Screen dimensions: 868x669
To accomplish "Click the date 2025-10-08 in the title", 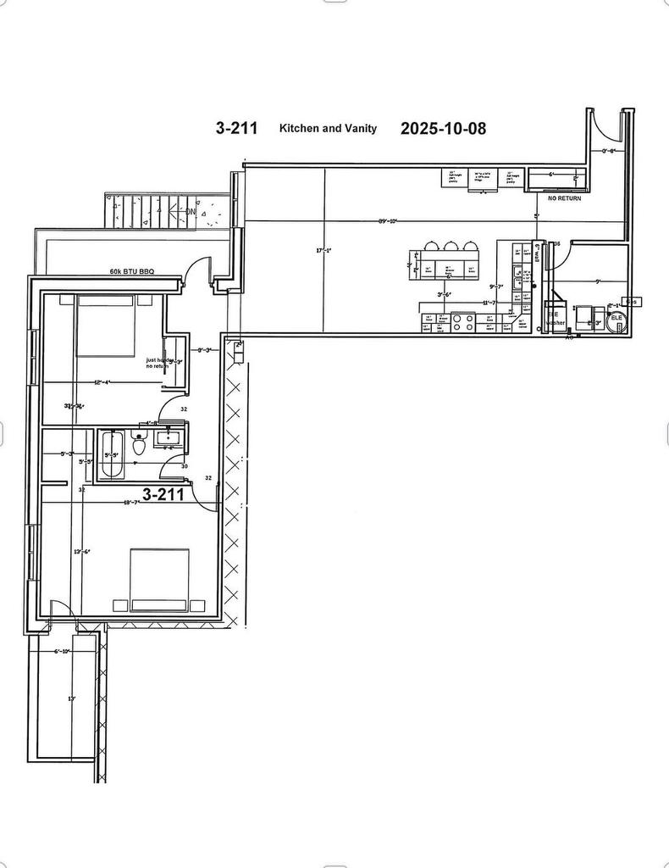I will click(443, 128).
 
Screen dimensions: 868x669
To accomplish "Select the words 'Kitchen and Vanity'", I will click(328, 128).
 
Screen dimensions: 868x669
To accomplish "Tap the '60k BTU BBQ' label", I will click(132, 272).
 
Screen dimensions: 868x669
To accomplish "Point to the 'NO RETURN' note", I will click(565, 198).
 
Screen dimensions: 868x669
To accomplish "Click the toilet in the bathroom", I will click(140, 443).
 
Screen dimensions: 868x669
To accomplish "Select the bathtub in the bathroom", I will click(113, 455).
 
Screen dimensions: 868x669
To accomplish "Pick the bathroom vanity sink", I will click(169, 441).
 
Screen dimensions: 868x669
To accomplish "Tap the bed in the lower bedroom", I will click(159, 579).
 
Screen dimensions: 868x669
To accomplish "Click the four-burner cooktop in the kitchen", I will click(463, 322).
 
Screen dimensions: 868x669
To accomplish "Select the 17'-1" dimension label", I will click(323, 250).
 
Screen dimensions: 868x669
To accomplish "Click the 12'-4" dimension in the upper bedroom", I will click(103, 382).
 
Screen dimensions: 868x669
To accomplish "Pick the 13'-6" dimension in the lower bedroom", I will click(81, 551).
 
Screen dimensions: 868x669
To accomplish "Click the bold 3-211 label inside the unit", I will click(163, 495).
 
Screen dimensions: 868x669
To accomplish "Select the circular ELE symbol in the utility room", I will click(616, 318).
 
